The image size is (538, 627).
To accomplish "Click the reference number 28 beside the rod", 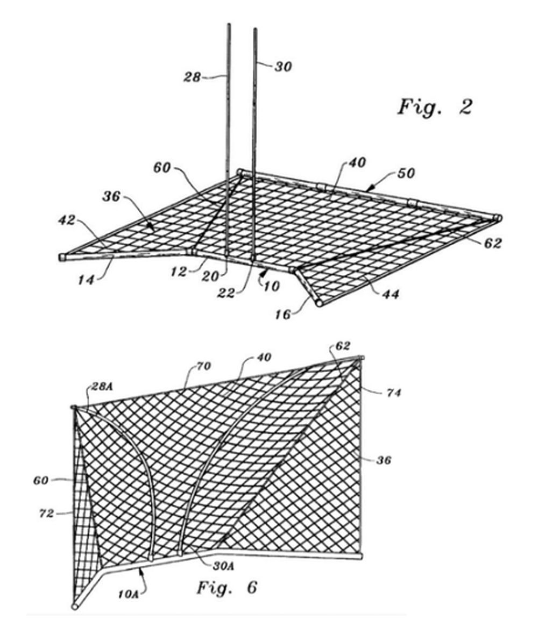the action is [x=192, y=76].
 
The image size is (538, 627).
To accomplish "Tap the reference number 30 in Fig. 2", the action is [x=283, y=66].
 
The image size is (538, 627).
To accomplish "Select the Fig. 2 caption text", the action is [x=435, y=106].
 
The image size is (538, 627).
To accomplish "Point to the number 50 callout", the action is [x=406, y=173].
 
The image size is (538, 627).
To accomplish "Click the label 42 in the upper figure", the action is [x=67, y=220].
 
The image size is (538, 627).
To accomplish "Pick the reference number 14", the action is [x=86, y=280].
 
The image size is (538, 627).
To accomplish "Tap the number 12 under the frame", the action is [x=179, y=272].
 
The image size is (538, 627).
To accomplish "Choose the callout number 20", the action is [x=210, y=276].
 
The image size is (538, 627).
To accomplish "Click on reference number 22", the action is [x=226, y=293].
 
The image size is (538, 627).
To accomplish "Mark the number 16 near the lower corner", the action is [x=282, y=314].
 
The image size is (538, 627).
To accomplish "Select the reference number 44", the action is [x=391, y=294].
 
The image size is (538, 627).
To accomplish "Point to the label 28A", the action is [x=102, y=387].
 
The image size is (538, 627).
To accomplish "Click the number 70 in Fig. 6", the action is [x=203, y=366].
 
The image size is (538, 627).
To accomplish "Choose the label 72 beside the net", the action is [x=46, y=512].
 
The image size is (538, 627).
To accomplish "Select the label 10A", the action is [x=128, y=594].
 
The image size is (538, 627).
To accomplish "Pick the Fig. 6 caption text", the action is [x=227, y=587].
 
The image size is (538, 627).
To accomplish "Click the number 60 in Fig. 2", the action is [x=162, y=168].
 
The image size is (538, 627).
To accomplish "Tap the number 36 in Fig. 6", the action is [x=384, y=460].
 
